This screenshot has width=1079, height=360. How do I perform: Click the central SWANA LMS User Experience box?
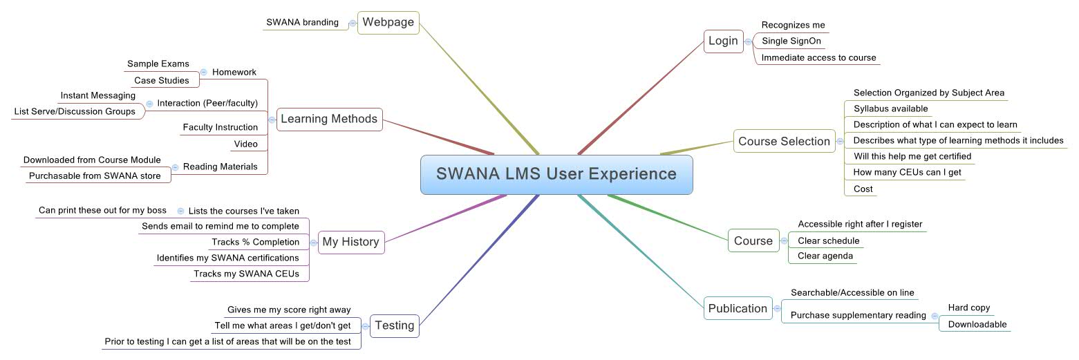click(556, 174)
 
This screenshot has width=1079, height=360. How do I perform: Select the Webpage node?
click(388, 22)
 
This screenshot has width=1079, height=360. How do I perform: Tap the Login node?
click(723, 41)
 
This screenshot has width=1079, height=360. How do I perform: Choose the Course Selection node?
click(784, 141)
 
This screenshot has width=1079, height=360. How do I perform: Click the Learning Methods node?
click(329, 119)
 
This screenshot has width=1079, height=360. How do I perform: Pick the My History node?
click(350, 242)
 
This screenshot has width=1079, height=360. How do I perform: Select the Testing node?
click(395, 325)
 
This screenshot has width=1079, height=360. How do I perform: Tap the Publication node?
click(738, 308)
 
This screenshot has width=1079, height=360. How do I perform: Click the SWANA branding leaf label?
click(302, 22)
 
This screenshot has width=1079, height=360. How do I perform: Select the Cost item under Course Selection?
click(863, 189)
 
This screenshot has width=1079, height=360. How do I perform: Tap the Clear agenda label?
click(825, 256)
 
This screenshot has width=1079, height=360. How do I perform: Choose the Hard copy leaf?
click(968, 307)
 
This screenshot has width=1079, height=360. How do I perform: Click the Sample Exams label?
click(158, 64)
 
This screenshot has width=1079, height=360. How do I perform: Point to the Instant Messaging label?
click(98, 95)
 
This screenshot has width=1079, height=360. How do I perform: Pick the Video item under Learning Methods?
click(245, 144)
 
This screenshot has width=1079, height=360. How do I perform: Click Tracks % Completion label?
click(255, 242)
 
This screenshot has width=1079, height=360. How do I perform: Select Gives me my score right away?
click(289, 310)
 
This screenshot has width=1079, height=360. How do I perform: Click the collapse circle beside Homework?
click(204, 72)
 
